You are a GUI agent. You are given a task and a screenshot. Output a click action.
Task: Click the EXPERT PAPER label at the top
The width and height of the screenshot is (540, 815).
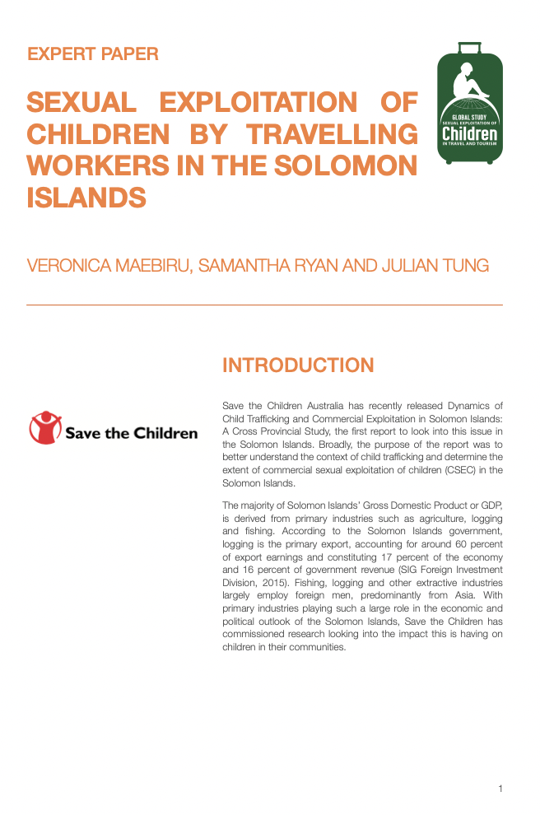coord(93,55)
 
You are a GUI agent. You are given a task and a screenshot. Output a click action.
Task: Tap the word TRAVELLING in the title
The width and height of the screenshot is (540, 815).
coord(333,134)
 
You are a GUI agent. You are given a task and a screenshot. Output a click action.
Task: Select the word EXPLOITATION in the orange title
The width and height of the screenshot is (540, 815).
coord(258,103)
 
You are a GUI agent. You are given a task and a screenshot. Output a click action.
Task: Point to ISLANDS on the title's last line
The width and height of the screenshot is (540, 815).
coord(86,198)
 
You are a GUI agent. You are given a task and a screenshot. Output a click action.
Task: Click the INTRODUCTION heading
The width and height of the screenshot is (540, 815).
coord(298,366)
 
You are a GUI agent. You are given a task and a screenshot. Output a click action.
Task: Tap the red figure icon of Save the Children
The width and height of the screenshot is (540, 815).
coord(46,428)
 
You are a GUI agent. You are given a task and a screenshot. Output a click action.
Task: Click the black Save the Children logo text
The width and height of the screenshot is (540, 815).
coord(132,433)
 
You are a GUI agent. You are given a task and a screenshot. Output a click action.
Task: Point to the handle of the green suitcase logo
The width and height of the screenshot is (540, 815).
coord(468,48)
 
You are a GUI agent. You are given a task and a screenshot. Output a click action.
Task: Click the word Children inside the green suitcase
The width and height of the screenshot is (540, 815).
coord(469,133)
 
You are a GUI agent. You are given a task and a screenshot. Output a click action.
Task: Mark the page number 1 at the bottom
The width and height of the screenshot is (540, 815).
coord(500,789)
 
